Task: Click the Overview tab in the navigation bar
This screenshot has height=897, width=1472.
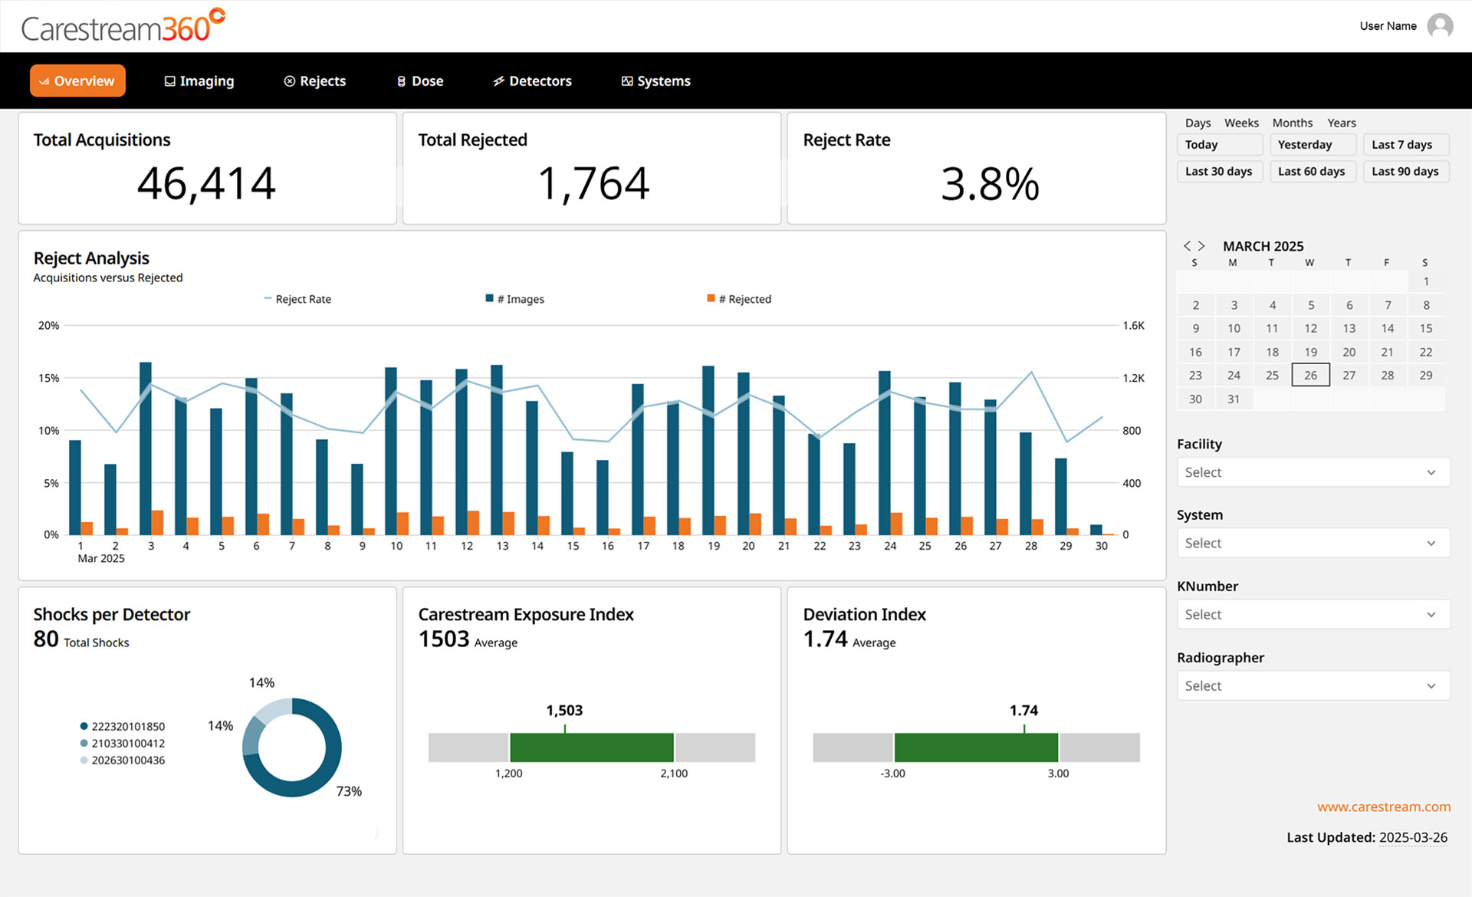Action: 77,81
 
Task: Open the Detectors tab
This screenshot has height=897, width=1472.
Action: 533,81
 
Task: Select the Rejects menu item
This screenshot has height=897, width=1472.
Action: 315,81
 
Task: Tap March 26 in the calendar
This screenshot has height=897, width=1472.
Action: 1310,375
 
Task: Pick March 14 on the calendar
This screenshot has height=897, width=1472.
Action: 1387,328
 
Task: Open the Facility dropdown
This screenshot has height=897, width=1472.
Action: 1313,472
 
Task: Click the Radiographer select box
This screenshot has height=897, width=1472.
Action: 1313,685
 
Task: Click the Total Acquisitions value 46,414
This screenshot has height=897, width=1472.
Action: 206,184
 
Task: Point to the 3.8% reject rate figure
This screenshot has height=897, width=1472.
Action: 989,185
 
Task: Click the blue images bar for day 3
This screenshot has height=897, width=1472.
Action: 146,449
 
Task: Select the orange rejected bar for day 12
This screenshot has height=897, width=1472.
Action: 473,523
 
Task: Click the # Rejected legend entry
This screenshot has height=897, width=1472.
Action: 741,299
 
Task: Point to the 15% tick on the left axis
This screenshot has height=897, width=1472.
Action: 49,378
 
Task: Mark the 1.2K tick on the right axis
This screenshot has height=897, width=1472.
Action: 1133,378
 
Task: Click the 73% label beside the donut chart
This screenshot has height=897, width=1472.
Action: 349,791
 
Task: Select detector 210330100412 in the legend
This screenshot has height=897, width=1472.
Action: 127,743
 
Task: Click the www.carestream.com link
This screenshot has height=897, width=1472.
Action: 1383,807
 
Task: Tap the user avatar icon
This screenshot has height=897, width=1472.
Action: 1440,26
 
